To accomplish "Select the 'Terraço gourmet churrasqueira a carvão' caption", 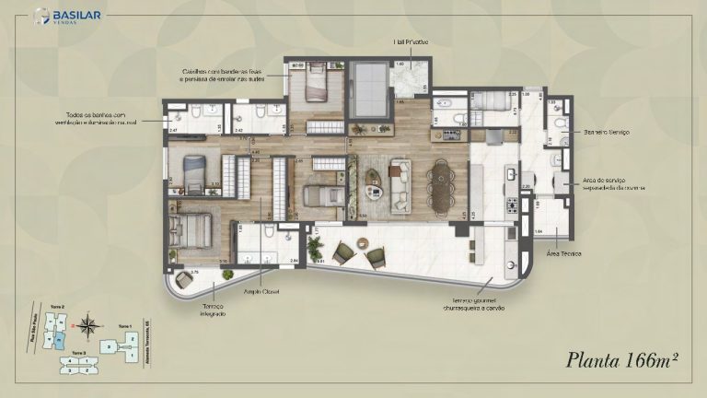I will (x=468, y=303).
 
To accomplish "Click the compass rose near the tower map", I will (x=87, y=324).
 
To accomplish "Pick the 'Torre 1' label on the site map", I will (x=125, y=326).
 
